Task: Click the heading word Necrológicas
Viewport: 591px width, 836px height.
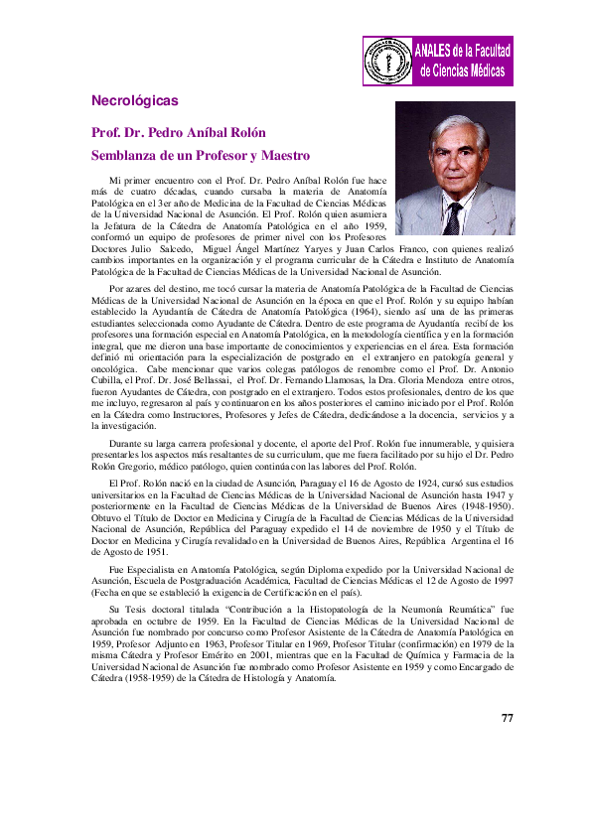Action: (x=134, y=101)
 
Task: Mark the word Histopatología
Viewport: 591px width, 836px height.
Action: (x=319, y=579)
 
